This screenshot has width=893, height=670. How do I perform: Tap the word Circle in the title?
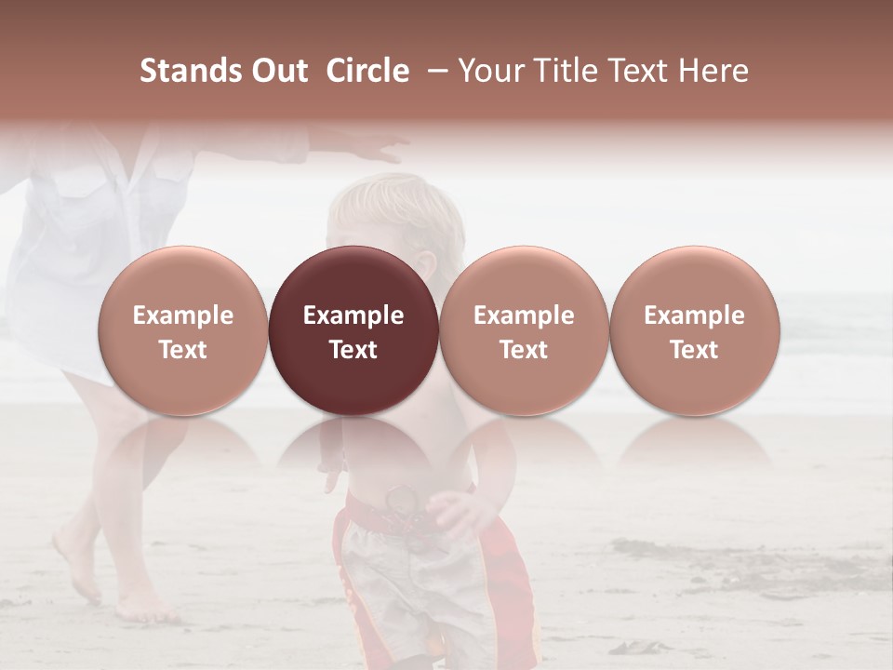coord(367,71)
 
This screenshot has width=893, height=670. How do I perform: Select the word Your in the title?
coord(491,71)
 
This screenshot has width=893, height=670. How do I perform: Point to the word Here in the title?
coord(714,71)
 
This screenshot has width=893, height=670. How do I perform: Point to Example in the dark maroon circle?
coord(353,315)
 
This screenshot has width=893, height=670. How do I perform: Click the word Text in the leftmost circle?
coord(183,350)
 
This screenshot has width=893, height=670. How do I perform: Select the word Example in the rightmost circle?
coord(694,315)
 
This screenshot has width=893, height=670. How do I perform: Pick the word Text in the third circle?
coord(524,350)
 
